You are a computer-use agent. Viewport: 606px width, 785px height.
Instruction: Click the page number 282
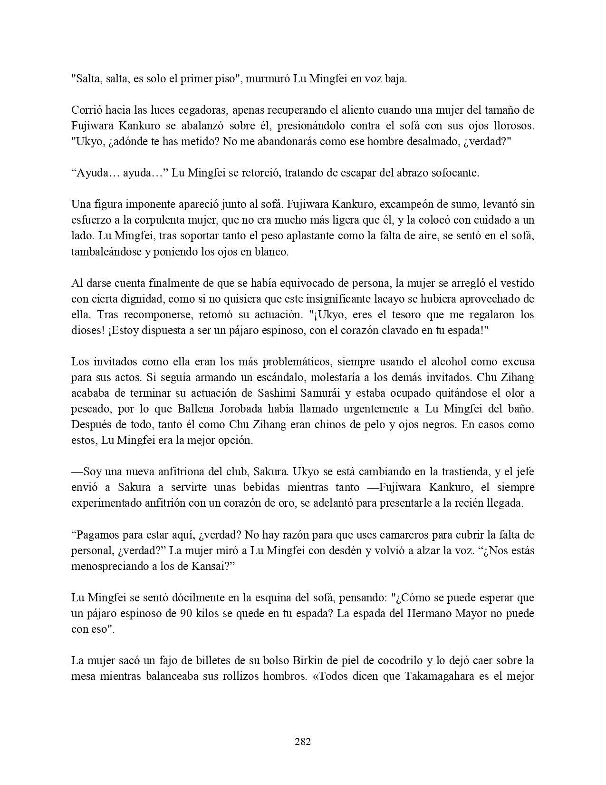[x=303, y=741]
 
